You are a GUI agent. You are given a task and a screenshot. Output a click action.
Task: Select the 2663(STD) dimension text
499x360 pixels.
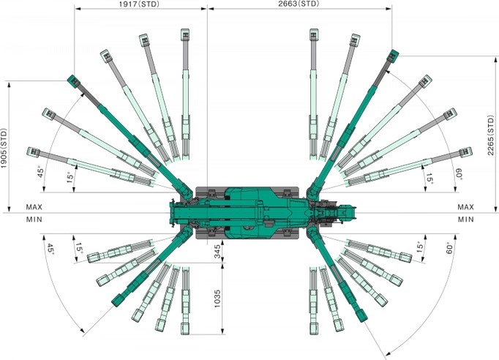click(299, 4)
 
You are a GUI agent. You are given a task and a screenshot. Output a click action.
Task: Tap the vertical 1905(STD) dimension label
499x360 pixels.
click(4, 149)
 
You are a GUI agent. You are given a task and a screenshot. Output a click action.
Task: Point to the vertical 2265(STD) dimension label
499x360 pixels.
click(491, 135)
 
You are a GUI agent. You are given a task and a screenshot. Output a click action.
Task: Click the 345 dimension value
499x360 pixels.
click(217, 252)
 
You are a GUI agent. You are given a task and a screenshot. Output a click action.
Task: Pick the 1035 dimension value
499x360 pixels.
click(217, 299)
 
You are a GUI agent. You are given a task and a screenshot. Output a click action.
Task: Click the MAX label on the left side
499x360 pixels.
click(34, 207)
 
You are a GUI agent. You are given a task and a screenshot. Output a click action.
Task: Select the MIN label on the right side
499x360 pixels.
click(466, 220)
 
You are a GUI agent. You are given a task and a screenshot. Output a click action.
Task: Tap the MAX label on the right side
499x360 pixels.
click(466, 207)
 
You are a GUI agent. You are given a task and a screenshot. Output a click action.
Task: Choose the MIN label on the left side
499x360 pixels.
click(34, 220)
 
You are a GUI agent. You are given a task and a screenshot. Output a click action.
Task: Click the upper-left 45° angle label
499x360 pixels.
click(41, 172)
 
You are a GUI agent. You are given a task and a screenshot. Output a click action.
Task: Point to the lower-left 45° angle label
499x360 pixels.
click(50, 249)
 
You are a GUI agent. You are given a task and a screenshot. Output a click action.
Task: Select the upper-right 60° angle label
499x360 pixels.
click(459, 174)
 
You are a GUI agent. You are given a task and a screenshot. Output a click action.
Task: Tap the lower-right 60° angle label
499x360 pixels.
click(449, 248)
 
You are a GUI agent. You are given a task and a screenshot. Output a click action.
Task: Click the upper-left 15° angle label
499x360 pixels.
click(70, 177)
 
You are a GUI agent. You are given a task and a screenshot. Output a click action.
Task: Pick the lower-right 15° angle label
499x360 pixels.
click(421, 247)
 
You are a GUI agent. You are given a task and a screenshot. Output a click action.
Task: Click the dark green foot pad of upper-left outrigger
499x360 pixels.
click(74, 81)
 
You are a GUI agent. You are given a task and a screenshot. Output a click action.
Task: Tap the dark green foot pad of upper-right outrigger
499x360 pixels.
click(393, 56)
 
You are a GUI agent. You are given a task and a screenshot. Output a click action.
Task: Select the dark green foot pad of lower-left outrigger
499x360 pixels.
click(118, 300)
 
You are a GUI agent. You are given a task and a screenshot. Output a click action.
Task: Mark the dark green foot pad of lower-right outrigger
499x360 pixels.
click(362, 315)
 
